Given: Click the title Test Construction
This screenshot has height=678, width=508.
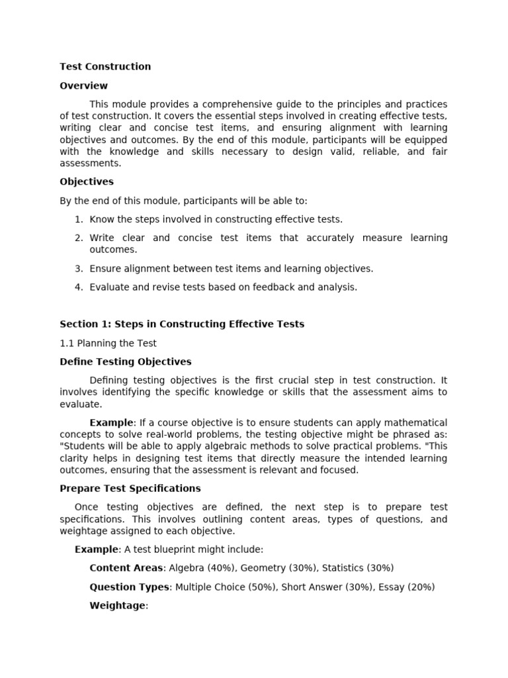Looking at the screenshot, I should [105, 66].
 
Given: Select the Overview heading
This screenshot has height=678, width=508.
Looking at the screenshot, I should [83, 85].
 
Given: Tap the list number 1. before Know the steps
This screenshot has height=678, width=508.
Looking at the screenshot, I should [78, 219].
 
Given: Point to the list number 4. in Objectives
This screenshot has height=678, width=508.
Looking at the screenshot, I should [78, 287].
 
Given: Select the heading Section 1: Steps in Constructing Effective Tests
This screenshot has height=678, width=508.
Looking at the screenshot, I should [182, 324].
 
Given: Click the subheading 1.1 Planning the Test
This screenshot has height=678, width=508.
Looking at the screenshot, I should [108, 343].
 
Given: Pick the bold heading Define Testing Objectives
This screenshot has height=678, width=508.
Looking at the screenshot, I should [125, 362].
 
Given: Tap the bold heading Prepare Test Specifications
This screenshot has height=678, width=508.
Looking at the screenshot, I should [130, 488].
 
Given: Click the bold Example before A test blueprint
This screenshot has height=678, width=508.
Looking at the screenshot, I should [96, 549].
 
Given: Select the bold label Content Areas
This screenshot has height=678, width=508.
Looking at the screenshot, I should [126, 567].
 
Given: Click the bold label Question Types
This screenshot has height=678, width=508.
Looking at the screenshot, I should [129, 587].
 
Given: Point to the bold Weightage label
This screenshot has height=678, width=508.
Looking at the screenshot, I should [117, 605].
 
